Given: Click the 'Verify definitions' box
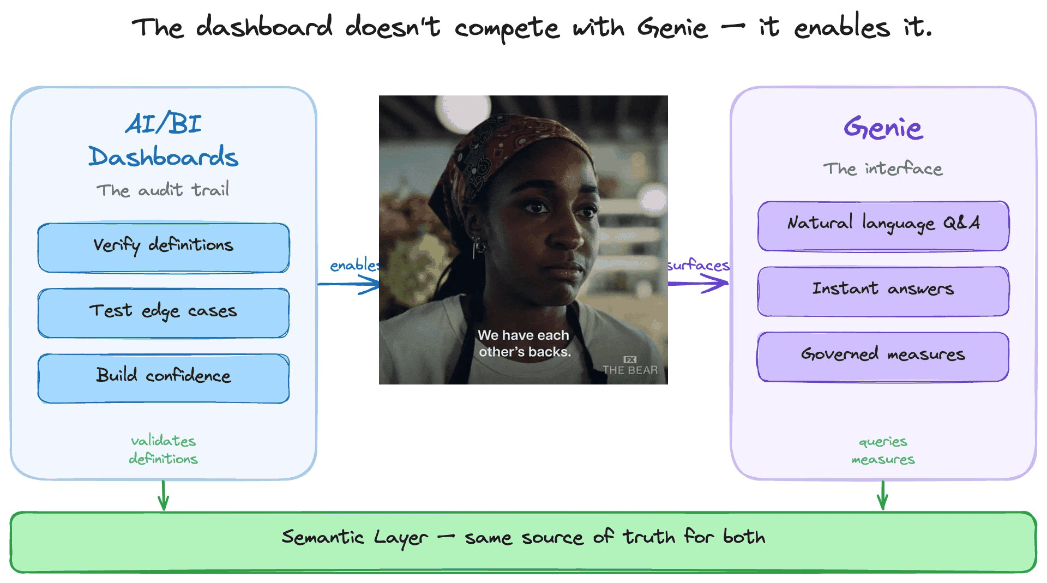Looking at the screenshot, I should tap(163, 248).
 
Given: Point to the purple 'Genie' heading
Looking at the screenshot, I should tap(883, 128).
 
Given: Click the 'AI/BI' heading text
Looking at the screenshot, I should tap(163, 123).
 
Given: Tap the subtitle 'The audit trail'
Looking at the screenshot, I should tap(163, 190).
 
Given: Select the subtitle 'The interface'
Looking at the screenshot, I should tap(883, 169).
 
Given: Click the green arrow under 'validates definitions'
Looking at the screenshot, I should tap(163, 495).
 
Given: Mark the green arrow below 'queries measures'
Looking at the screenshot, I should tap(883, 495).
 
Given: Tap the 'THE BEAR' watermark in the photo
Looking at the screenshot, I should tap(630, 369).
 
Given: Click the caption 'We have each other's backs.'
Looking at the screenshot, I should tap(523, 344).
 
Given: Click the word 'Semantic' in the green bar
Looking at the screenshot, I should tap(322, 537).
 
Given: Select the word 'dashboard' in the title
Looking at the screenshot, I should tap(264, 27).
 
